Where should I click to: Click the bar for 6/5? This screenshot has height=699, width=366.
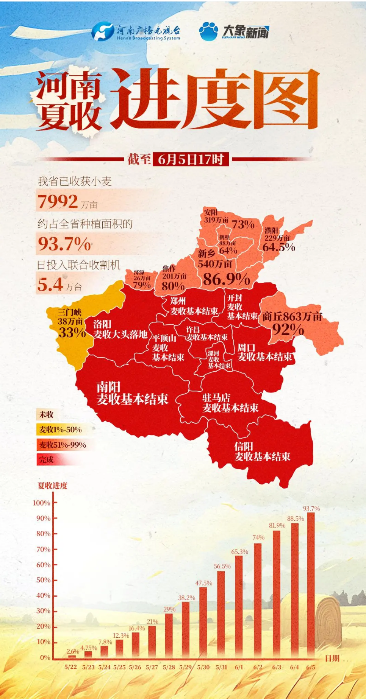(x=311, y=585)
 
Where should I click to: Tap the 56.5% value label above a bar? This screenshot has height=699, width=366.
(x=222, y=566)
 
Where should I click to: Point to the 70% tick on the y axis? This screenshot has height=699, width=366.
(x=44, y=549)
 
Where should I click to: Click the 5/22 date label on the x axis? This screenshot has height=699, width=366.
(x=70, y=667)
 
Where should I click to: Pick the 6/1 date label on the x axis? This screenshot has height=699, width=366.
(x=239, y=667)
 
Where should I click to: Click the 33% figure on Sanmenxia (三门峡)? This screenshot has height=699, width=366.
(x=72, y=332)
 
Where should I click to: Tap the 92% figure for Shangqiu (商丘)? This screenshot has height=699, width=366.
(x=288, y=329)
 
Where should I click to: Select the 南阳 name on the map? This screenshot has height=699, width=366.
(x=108, y=387)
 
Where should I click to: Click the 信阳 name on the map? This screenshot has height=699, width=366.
(x=243, y=446)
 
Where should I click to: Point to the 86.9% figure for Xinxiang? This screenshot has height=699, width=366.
(x=226, y=279)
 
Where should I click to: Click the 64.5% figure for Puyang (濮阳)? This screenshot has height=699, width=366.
(x=278, y=247)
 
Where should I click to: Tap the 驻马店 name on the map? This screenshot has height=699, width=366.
(x=216, y=397)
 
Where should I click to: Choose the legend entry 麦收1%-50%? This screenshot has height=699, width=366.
(x=61, y=430)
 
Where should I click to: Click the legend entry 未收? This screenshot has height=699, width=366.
(x=46, y=414)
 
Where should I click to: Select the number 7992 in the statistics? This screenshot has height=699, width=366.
(x=58, y=201)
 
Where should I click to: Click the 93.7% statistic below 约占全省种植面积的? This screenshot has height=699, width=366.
(x=64, y=244)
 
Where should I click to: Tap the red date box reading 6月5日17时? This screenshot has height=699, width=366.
(x=191, y=159)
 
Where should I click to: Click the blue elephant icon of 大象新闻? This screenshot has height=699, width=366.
(x=208, y=31)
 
